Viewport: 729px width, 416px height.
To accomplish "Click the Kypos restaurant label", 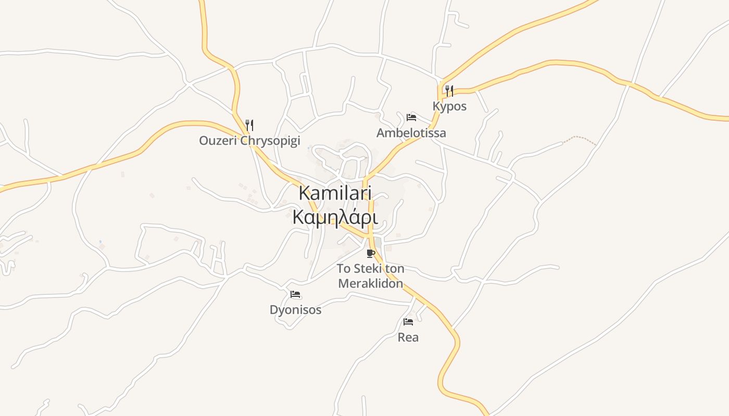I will click(x=449, y=106).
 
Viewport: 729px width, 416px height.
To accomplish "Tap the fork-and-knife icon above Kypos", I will click(x=449, y=91).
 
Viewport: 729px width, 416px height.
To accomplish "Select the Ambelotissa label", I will click(x=411, y=133).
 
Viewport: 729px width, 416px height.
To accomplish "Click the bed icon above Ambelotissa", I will click(x=411, y=117).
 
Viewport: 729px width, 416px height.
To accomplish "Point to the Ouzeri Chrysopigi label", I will click(x=249, y=140).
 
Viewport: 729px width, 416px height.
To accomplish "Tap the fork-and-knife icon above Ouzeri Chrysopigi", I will click(x=249, y=125).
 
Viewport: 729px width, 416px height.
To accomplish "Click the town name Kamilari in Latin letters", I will click(x=335, y=193).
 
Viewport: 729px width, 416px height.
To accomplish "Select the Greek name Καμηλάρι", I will click(x=335, y=217).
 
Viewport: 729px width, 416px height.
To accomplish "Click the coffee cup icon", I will click(x=370, y=253).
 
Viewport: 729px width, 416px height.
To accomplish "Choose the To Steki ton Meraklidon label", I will click(x=370, y=276).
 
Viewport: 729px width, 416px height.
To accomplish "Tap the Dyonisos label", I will click(x=295, y=310).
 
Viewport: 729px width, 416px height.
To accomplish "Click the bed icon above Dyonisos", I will click(x=295, y=294).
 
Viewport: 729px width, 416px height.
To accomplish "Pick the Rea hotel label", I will click(x=408, y=337).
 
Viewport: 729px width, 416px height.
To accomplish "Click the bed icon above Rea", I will click(x=408, y=322).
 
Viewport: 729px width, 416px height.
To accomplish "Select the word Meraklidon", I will click(x=370, y=283).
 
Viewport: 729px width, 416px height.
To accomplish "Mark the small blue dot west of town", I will click(x=100, y=241).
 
